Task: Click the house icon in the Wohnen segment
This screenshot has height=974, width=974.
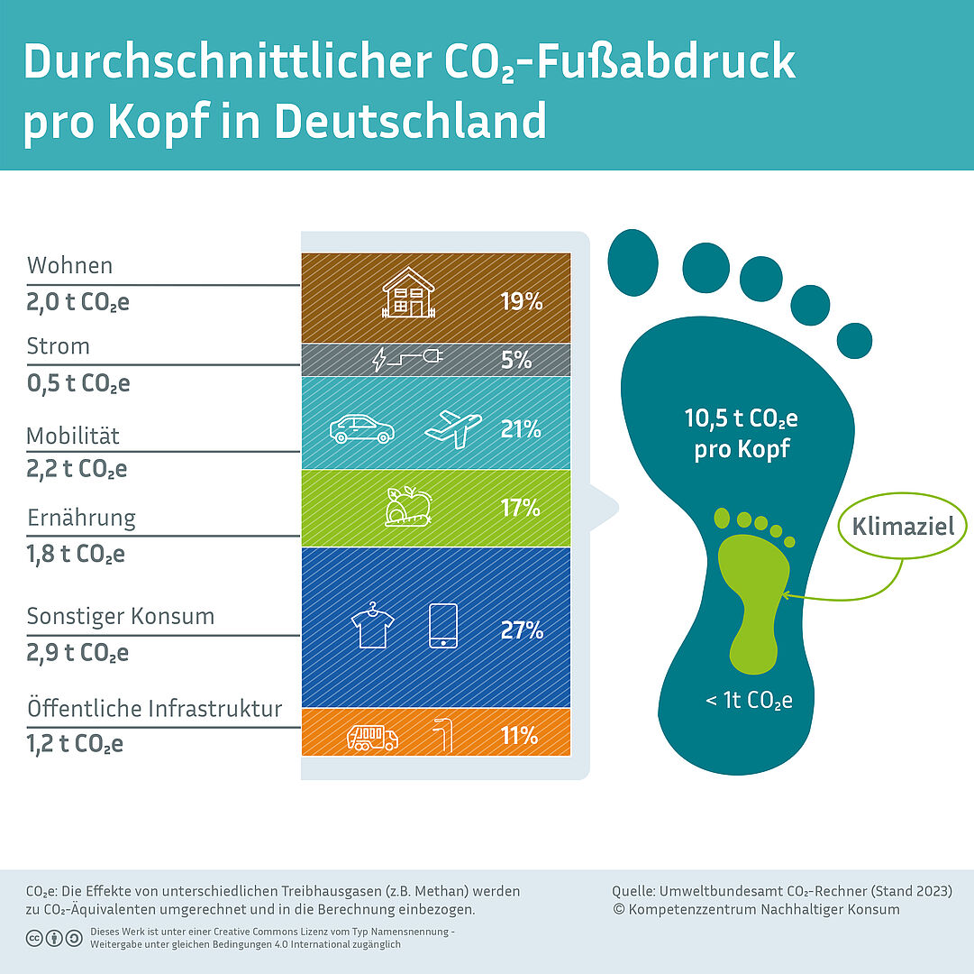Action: pyautogui.click(x=408, y=293)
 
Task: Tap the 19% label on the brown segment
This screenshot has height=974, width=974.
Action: pyautogui.click(x=522, y=301)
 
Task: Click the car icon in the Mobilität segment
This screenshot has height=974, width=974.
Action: pyautogui.click(x=361, y=428)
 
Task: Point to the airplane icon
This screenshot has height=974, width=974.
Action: pyautogui.click(x=452, y=428)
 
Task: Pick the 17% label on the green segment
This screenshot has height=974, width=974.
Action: pyautogui.click(x=521, y=509)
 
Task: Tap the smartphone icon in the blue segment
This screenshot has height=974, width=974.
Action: pyautogui.click(x=442, y=625)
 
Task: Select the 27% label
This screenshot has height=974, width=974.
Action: pyautogui.click(x=522, y=630)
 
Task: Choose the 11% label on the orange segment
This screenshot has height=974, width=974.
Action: pyautogui.click(x=519, y=736)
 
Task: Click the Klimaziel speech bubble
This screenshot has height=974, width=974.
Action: pyautogui.click(x=902, y=526)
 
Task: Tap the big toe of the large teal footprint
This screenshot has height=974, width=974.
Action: pyautogui.click(x=633, y=262)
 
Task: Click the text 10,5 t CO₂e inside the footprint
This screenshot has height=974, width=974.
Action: pyautogui.click(x=741, y=419)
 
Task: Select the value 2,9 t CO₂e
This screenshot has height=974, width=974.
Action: pyautogui.click(x=77, y=653)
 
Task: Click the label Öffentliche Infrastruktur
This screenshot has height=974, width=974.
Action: pyautogui.click(x=154, y=709)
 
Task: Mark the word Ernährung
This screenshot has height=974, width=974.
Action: pyautogui.click(x=81, y=519)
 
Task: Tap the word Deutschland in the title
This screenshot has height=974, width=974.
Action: pyautogui.click(x=409, y=121)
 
